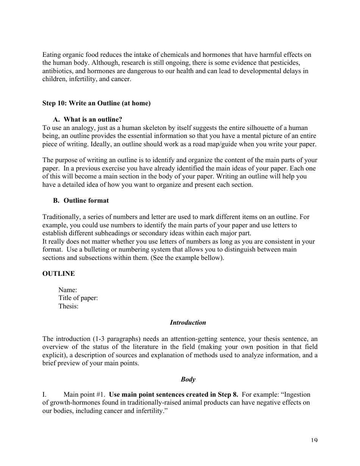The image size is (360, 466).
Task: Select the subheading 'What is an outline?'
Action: [93, 120]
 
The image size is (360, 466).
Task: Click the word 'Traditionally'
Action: [61, 217]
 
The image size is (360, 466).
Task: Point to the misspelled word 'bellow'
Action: [212, 258]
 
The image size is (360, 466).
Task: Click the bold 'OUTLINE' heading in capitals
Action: [58, 274]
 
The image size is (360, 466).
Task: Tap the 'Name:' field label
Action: [68, 290]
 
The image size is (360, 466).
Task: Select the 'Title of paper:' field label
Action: [78, 298]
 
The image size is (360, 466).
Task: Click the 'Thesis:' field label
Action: [69, 306]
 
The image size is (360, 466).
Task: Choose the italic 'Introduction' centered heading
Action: [188, 323]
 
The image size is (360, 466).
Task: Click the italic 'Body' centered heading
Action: [188, 379]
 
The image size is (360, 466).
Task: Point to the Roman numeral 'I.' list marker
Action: [44, 395]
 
